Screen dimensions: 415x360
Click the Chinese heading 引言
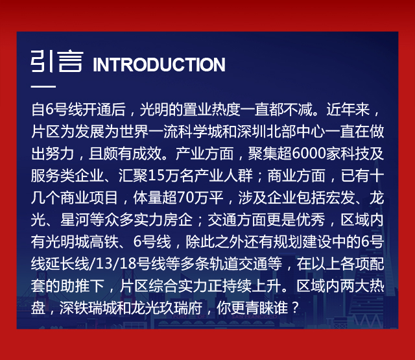coord(57,62)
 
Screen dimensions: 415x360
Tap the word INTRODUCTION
coord(159,65)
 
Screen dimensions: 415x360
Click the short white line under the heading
coord(43,86)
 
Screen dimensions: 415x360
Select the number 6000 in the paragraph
coord(309,154)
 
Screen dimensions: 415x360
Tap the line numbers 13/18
coord(116,263)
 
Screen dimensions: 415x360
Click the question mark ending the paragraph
coord(296,308)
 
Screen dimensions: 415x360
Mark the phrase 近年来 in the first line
coord(348,110)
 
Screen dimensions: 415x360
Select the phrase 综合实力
coord(178,286)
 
